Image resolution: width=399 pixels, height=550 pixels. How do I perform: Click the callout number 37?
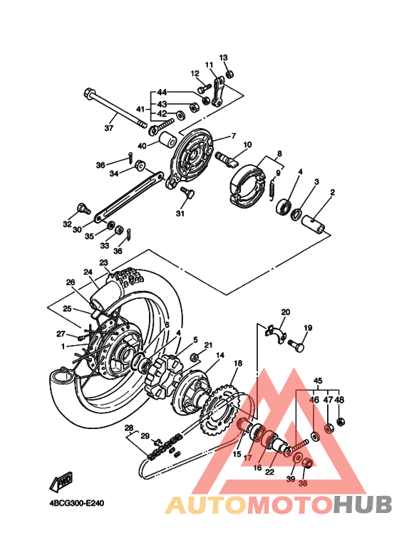(109, 129)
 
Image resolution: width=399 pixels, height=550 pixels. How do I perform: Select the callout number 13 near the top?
(223, 57)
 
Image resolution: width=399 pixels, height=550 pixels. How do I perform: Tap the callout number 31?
(180, 213)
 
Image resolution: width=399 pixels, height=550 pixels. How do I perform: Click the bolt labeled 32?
(83, 208)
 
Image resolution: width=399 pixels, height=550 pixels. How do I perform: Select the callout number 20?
(285, 312)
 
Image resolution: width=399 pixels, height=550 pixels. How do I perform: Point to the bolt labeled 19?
(297, 347)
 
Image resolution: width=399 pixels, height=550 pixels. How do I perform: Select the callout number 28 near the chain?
(129, 428)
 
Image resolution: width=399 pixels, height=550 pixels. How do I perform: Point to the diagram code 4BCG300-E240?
(77, 502)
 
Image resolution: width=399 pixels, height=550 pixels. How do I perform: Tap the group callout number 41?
(140, 109)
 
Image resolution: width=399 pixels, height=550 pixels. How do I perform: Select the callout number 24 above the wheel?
(88, 272)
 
